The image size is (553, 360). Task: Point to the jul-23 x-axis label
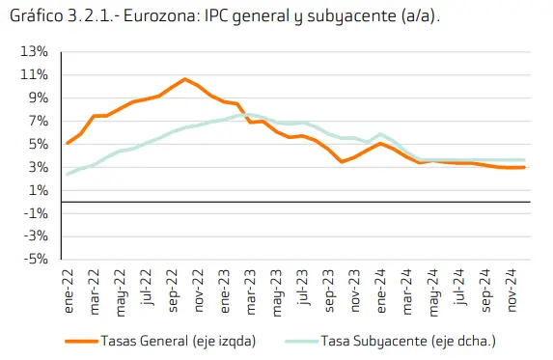click(304, 287)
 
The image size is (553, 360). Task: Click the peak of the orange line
click(184, 79)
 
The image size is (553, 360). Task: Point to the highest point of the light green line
click(238, 115)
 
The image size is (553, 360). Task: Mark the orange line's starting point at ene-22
click(67, 143)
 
